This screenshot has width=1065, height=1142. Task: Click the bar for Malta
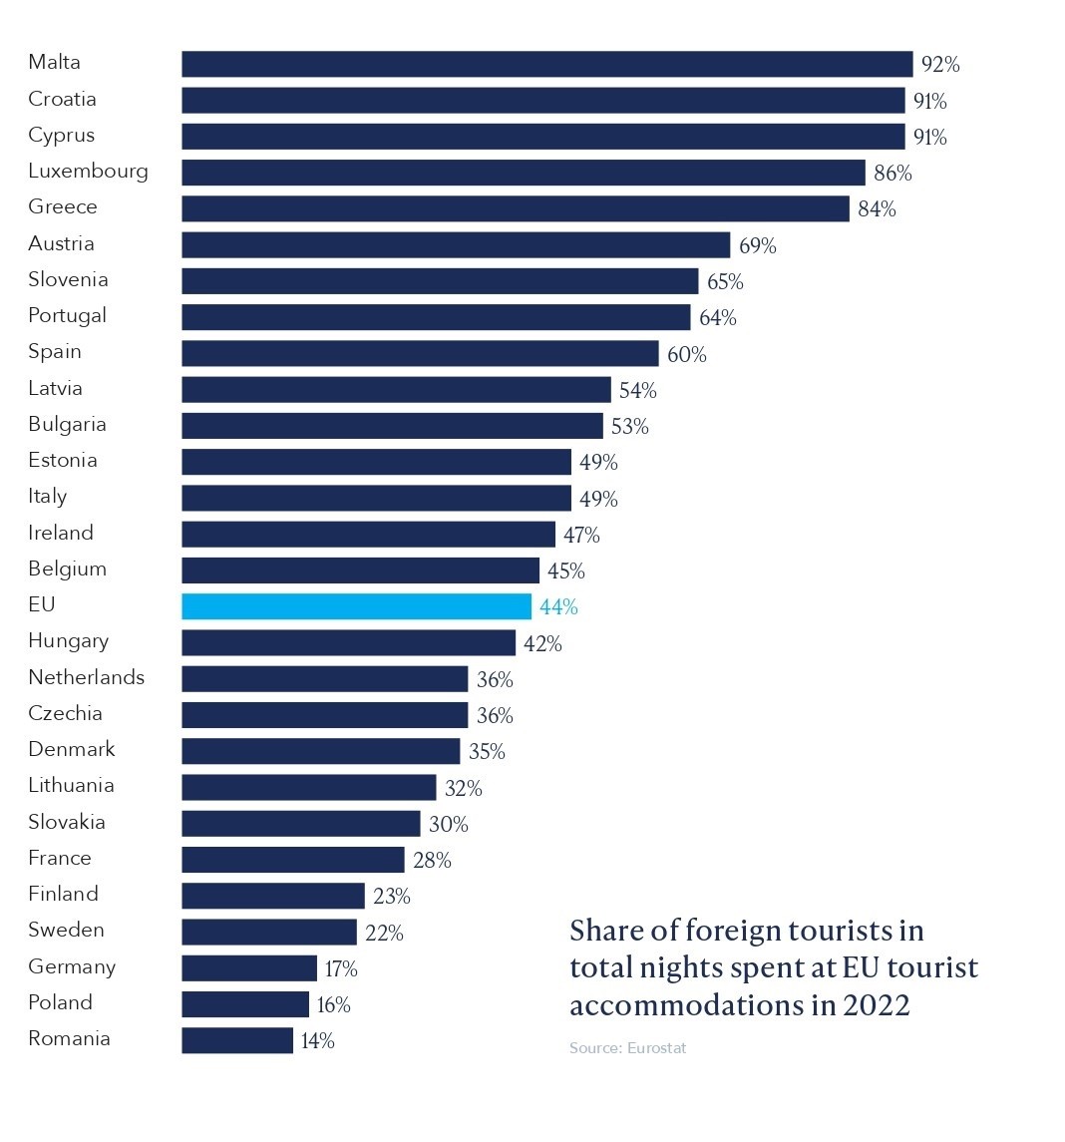(x=546, y=64)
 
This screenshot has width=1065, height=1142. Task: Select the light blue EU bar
(x=356, y=606)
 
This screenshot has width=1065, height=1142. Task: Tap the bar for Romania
(x=237, y=1040)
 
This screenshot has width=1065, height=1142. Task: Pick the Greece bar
(x=515, y=208)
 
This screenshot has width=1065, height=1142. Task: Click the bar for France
(x=292, y=860)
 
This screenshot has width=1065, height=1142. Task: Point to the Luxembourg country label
(x=88, y=171)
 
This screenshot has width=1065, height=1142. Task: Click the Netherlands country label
(x=86, y=677)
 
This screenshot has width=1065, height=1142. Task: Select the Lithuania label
(x=71, y=786)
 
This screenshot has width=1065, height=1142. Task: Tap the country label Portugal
(x=67, y=316)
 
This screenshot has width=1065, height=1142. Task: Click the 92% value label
(x=940, y=65)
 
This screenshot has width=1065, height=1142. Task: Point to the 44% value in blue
(x=558, y=607)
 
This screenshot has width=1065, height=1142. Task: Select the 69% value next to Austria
(x=758, y=245)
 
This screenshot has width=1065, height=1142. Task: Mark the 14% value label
(x=317, y=1041)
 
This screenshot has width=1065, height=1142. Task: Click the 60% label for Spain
(x=686, y=354)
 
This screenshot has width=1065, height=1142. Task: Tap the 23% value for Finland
(x=392, y=897)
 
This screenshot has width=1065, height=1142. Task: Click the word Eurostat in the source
(x=657, y=1048)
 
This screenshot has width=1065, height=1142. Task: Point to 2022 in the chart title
(x=877, y=1004)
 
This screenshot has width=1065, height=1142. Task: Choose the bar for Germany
(x=249, y=968)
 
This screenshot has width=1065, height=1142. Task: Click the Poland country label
(x=60, y=1002)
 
